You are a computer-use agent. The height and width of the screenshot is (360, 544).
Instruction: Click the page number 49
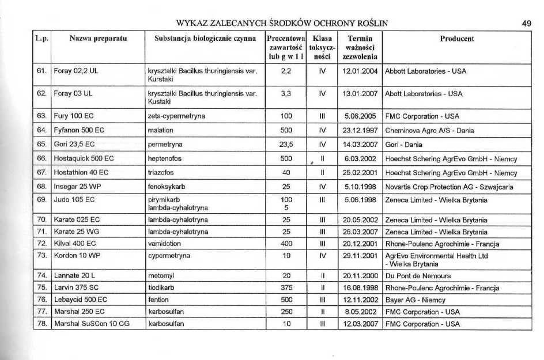(x=526, y=24)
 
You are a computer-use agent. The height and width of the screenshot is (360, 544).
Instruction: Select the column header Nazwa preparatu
(x=98, y=39)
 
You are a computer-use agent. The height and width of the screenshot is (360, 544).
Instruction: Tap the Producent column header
(x=456, y=39)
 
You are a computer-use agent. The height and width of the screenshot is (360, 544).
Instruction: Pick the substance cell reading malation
(x=160, y=131)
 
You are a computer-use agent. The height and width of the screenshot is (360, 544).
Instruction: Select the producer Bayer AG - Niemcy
(x=415, y=300)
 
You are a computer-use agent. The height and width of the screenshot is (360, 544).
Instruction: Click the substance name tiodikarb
(x=161, y=288)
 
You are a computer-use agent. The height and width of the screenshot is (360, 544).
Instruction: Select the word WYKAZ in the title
(x=192, y=24)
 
